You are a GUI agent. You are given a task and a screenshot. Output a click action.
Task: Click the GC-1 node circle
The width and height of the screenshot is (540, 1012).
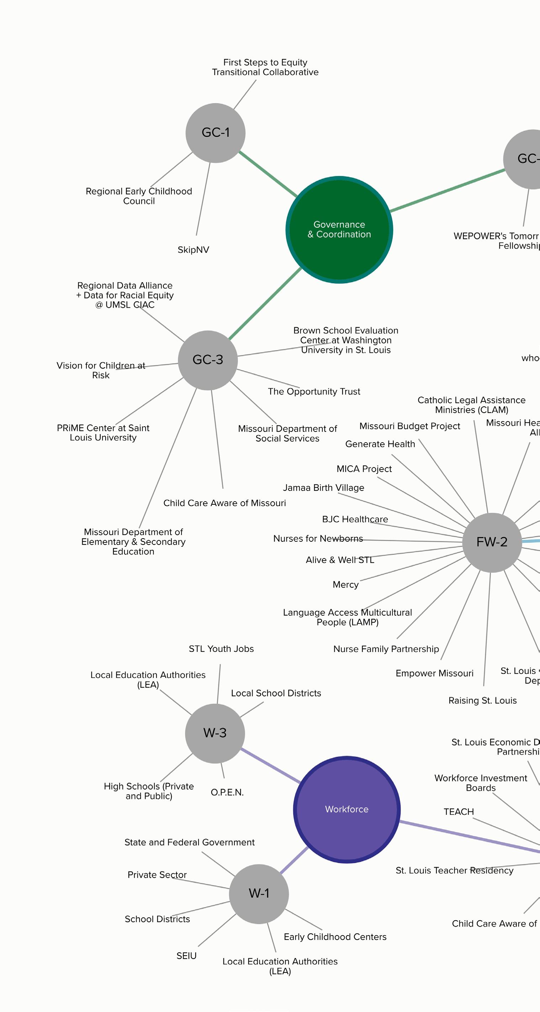tap(215, 133)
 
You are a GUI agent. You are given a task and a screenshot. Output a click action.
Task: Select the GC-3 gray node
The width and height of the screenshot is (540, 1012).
tap(207, 360)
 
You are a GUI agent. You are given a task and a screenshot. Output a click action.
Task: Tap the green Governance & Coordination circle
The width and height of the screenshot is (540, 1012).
tap(339, 230)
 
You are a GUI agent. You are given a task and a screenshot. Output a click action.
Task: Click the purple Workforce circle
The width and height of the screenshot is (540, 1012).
tap(346, 809)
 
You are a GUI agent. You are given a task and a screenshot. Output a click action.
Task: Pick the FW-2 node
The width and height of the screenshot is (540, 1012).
tap(492, 542)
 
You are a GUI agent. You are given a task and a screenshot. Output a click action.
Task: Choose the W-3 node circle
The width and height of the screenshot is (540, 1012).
tap(215, 733)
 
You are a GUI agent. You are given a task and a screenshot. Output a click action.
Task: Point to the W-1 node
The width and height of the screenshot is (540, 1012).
tap(259, 893)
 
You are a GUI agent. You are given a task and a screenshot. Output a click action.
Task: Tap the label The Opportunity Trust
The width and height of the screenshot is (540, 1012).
tap(314, 392)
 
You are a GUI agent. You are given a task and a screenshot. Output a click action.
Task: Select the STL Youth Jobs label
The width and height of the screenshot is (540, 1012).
tap(221, 649)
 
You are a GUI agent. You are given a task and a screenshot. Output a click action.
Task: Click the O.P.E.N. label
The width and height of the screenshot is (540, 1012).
tap(227, 792)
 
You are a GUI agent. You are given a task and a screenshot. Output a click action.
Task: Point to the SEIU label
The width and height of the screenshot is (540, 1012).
tap(186, 956)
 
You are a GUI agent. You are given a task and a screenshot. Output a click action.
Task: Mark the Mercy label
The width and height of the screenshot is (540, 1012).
tap(345, 585)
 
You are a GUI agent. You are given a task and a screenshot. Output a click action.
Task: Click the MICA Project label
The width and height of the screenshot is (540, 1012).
tap(364, 469)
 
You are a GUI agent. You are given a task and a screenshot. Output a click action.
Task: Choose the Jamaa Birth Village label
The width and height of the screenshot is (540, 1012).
tap(323, 488)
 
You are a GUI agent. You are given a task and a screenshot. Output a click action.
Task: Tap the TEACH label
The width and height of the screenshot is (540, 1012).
tap(459, 812)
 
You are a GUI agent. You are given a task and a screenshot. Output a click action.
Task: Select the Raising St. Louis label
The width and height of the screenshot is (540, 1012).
tap(482, 701)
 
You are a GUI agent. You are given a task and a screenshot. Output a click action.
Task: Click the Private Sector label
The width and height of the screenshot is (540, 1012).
tap(157, 875)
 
